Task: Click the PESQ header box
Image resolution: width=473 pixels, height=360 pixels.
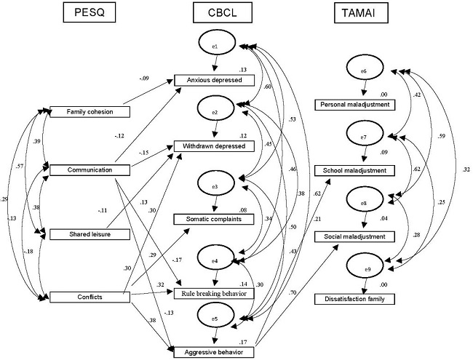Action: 89,13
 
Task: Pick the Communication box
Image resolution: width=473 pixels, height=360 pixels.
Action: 88,171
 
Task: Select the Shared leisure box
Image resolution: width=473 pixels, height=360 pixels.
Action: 88,233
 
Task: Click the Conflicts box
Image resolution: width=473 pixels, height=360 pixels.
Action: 88,297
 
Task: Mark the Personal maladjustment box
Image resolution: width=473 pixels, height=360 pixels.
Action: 365,105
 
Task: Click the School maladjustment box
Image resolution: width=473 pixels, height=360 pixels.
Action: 365,170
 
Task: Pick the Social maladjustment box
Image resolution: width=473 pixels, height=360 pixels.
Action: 365,236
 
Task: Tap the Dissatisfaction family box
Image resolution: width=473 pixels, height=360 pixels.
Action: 365,298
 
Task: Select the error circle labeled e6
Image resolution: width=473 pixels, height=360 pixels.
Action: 365,71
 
